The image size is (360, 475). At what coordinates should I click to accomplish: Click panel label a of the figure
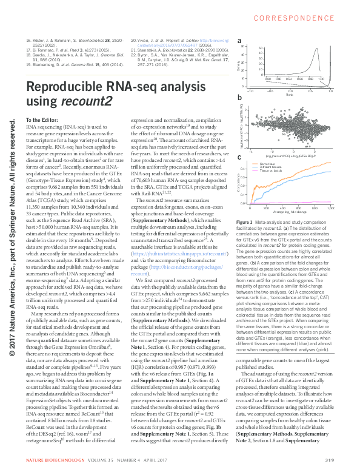(x=240, y=41)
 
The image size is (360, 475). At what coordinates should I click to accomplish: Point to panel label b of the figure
(x=240, y=98)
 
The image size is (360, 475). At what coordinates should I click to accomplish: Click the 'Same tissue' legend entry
(x=268, y=164)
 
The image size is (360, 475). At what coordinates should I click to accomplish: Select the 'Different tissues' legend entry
(x=272, y=168)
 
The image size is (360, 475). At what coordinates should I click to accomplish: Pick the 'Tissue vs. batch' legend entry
(x=272, y=172)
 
